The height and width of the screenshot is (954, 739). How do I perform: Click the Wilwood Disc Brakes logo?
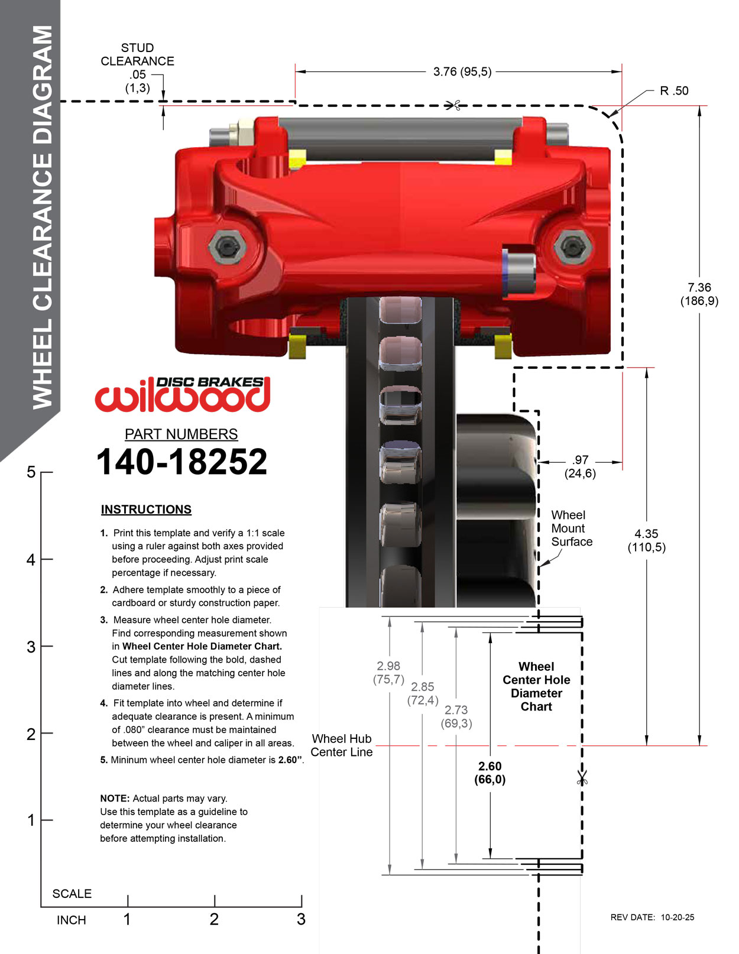[182, 394]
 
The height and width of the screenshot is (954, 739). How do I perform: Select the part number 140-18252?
[181, 462]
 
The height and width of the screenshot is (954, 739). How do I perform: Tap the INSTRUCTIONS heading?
[146, 510]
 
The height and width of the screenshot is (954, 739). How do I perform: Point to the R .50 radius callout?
[674, 91]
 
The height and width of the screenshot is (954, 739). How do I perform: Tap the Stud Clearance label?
[137, 54]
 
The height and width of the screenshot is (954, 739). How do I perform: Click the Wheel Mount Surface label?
[571, 528]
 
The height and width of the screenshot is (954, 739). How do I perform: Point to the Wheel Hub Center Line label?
[342, 745]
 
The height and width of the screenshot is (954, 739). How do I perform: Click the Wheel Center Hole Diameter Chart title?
[536, 686]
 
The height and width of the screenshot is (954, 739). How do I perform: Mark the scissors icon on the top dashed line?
[454, 106]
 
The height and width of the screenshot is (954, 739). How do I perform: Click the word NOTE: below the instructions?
[115, 799]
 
